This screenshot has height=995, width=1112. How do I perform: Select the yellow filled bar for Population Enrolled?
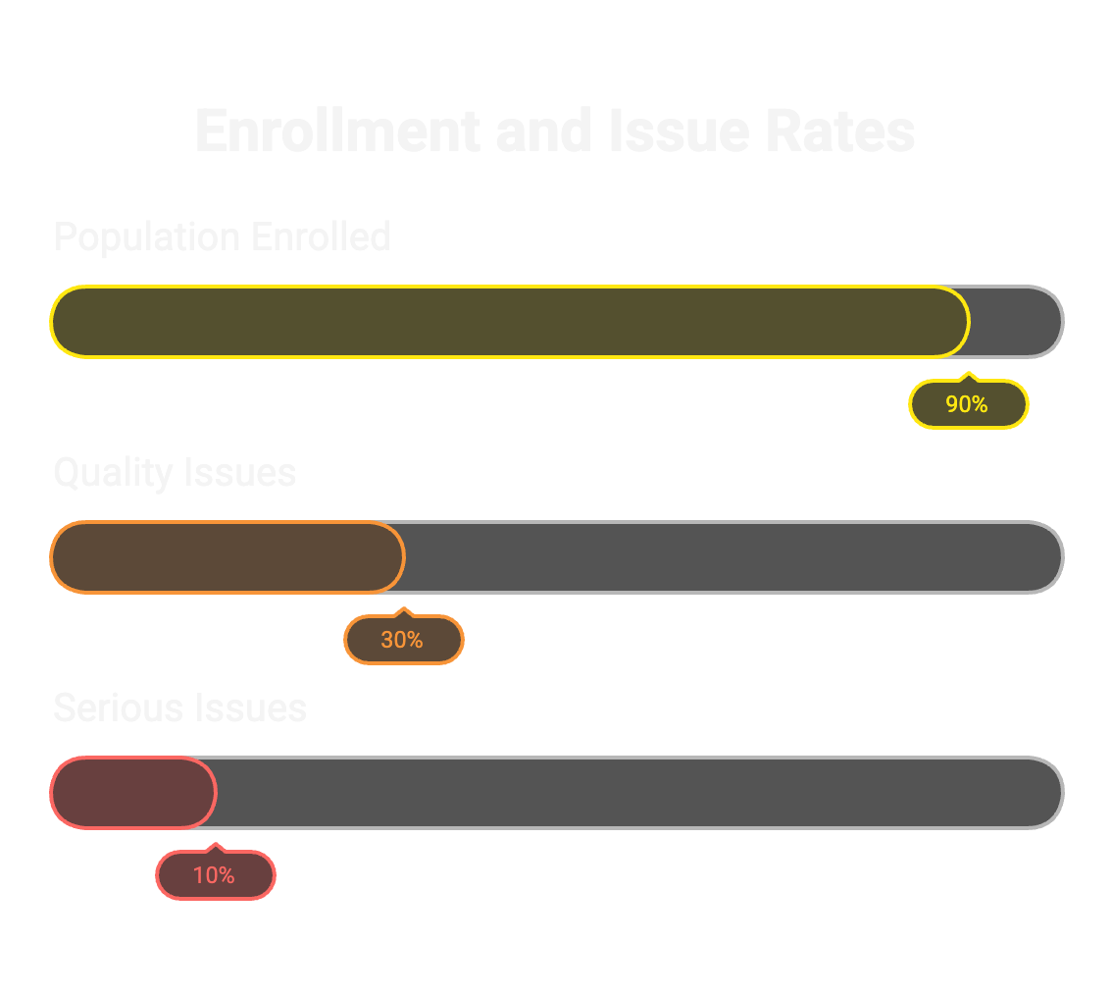[x=509, y=322]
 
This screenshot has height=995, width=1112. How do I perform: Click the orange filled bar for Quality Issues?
[x=227, y=557]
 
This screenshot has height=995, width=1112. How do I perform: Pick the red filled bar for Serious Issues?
[x=132, y=793]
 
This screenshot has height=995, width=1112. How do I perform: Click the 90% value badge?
[x=968, y=404]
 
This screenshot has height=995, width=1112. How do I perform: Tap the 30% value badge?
[x=403, y=640]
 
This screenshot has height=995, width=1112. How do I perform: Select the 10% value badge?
[x=215, y=875]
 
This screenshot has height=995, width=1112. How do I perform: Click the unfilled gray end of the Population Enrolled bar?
[x=1016, y=322]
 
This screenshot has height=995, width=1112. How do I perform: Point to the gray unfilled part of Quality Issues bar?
[x=732, y=557]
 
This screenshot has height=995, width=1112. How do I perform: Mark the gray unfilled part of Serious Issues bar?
[x=637, y=793]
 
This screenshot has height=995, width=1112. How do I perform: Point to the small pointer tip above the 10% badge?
[x=217, y=847]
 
